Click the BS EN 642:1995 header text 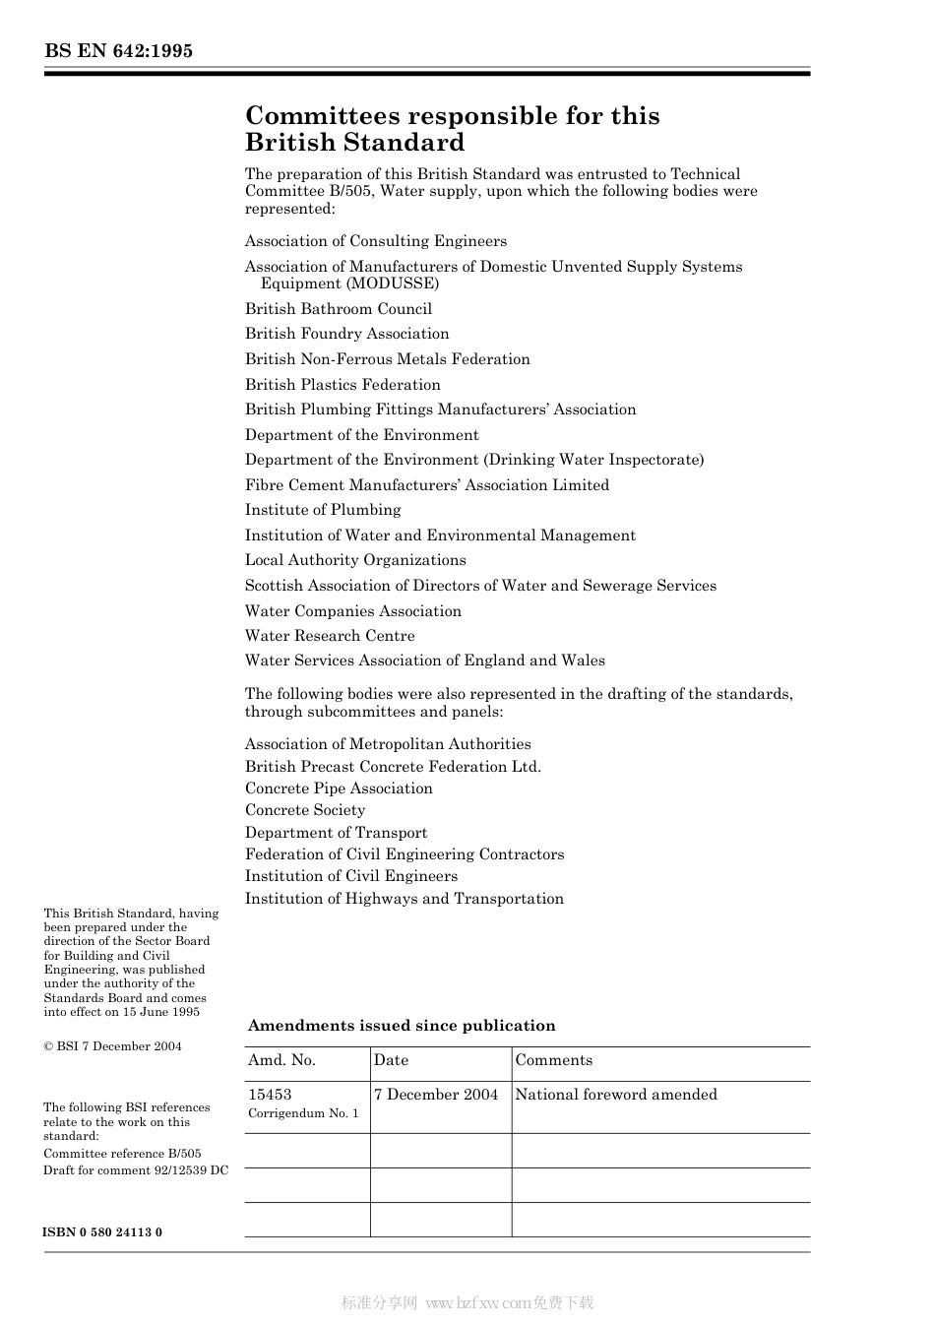[118, 51]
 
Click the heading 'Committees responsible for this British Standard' [452, 129]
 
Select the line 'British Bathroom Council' [338, 309]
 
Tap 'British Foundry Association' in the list [346, 334]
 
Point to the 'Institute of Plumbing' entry [323, 510]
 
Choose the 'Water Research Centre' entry [330, 636]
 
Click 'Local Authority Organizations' [355, 560]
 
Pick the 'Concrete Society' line [305, 810]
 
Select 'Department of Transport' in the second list [336, 833]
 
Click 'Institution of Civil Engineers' [351, 876]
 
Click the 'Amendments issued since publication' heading [402, 1026]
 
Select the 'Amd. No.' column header [281, 1060]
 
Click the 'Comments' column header [553, 1060]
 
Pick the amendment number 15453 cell [270, 1095]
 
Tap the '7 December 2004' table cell [436, 1095]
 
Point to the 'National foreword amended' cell [616, 1095]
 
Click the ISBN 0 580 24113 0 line [103, 1232]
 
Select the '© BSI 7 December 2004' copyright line [112, 1046]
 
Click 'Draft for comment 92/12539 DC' [136, 1170]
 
